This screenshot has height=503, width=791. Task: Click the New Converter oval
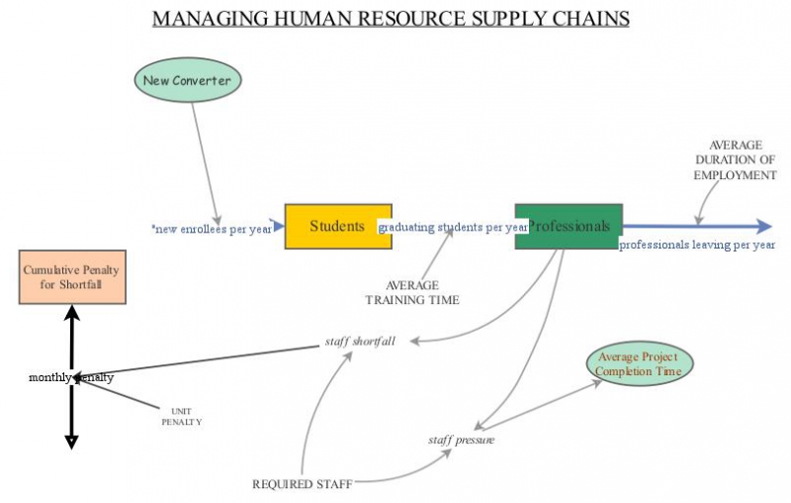pyautogui.click(x=188, y=80)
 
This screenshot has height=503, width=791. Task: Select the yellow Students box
pyautogui.click(x=337, y=226)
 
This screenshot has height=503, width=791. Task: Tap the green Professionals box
pyautogui.click(x=569, y=226)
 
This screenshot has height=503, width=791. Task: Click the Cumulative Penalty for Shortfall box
pyautogui.click(x=73, y=276)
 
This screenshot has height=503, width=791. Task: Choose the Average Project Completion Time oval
pyautogui.click(x=640, y=364)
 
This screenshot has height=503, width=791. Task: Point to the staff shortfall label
pyautogui.click(x=360, y=342)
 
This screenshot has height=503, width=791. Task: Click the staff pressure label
pyautogui.click(x=461, y=439)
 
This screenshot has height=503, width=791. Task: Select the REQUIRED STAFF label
pyautogui.click(x=302, y=484)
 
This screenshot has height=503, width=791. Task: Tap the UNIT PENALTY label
pyautogui.click(x=181, y=416)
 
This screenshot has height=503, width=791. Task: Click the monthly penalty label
pyautogui.click(x=71, y=377)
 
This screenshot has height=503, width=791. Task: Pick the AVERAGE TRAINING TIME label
pyautogui.click(x=412, y=292)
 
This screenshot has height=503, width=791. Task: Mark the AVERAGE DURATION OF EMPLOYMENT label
pyautogui.click(x=735, y=159)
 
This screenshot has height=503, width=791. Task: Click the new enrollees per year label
pyautogui.click(x=212, y=229)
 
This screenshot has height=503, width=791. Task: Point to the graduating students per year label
pyautogui.click(x=454, y=228)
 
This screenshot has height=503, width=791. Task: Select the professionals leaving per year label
pyautogui.click(x=696, y=244)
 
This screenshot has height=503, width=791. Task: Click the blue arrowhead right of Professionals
pyautogui.click(x=762, y=227)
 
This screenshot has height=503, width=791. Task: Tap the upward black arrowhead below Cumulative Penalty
pyautogui.click(x=71, y=313)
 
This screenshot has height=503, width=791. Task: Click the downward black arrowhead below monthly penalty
pyautogui.click(x=71, y=441)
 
